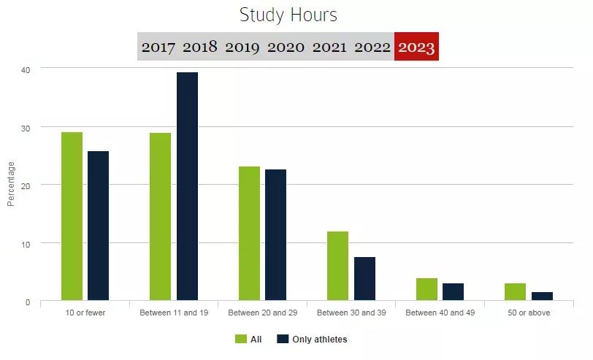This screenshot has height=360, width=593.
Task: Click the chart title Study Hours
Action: pyautogui.click(x=288, y=15)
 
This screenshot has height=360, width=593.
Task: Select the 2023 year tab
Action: pyautogui.click(x=416, y=47)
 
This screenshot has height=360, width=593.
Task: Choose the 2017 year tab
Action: pyautogui.click(x=158, y=47)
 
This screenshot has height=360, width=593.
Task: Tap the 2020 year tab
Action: pyautogui.click(x=286, y=47)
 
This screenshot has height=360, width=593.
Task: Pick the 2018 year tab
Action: pyautogui.click(x=200, y=47)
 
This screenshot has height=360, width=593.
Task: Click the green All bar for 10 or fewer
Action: pyautogui.click(x=72, y=216)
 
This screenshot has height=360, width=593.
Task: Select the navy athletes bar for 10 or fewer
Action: pyautogui.click(x=98, y=226)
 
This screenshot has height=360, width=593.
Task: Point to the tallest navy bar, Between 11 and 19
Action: pyautogui.click(x=187, y=186)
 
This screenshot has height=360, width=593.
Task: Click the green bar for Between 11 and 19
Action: pyautogui.click(x=160, y=216)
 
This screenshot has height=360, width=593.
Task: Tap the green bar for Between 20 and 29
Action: pyautogui.click(x=249, y=233)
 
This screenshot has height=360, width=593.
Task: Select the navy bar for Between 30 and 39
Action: pyautogui.click(x=364, y=278)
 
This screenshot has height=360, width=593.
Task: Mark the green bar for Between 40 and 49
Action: pyautogui.click(x=426, y=289)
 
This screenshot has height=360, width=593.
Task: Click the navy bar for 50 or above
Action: pyautogui.click(x=542, y=296)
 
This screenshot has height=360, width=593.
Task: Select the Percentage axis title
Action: pyautogui.click(x=11, y=185)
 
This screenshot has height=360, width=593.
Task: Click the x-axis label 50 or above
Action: pyautogui.click(x=529, y=313)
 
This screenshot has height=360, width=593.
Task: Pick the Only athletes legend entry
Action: pyautogui.click(x=312, y=340)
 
